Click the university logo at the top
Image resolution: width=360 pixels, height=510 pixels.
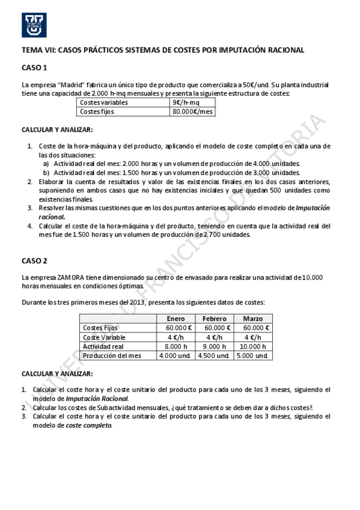click(34, 25)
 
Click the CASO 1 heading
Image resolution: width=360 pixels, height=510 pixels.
click(34, 68)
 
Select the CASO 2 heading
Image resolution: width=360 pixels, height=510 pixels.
click(34, 260)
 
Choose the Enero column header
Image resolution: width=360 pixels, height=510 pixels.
click(175, 318)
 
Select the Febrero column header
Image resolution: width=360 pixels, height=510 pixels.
click(214, 318)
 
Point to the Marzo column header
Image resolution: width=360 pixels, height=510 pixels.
click(253, 318)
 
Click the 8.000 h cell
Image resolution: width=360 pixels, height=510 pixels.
click(175, 346)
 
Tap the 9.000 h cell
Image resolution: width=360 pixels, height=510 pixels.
click(214, 346)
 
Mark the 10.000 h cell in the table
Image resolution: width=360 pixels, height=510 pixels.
click(253, 346)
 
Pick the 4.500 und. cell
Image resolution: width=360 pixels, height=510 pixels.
click(214, 355)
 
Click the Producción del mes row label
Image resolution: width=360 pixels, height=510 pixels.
click(112, 355)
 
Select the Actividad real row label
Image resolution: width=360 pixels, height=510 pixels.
click(103, 346)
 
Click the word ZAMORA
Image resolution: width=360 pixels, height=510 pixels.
click(72, 277)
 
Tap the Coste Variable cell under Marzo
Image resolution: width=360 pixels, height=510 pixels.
click(253, 337)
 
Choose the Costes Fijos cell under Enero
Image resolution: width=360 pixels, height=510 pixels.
click(175, 328)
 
